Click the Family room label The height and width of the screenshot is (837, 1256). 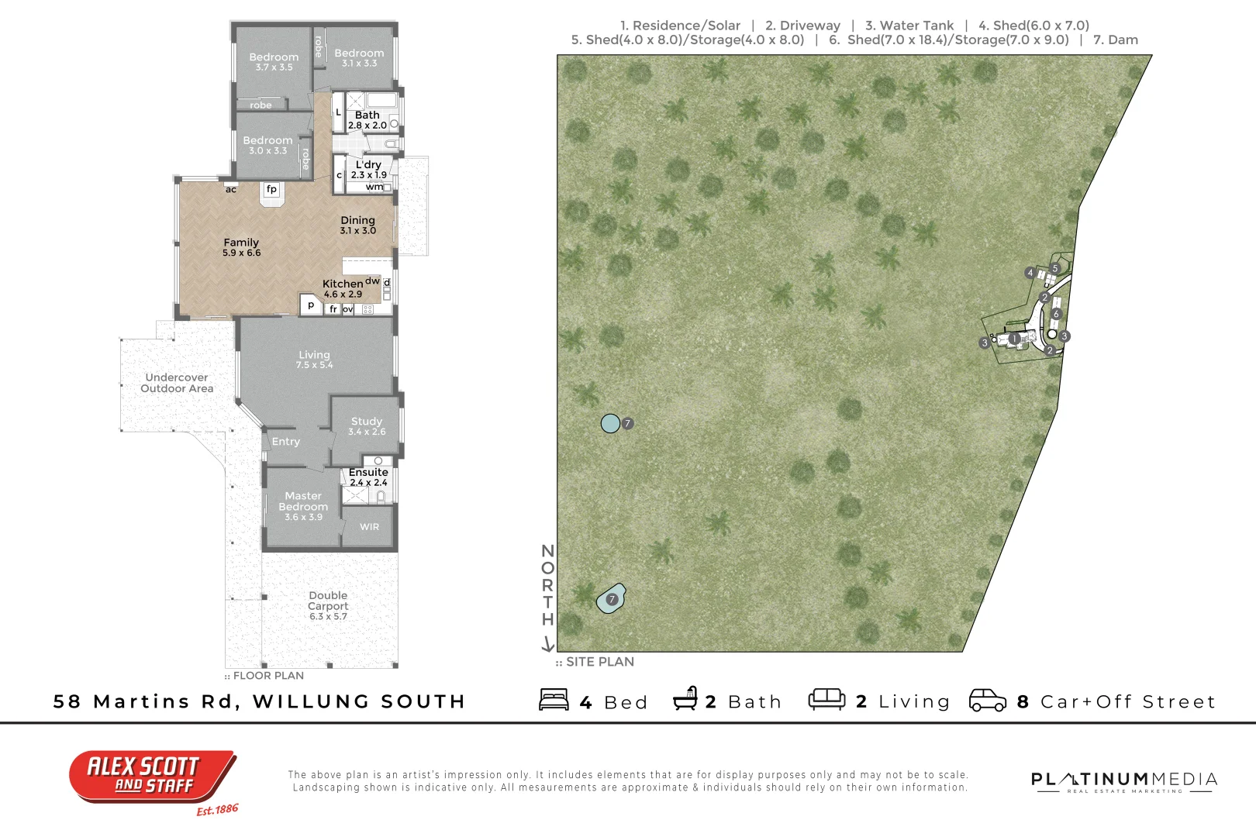241,247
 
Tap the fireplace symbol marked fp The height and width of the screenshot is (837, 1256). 271,189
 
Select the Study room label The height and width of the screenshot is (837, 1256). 367,425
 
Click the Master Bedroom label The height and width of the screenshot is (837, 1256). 303,506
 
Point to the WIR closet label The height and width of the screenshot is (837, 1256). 369,527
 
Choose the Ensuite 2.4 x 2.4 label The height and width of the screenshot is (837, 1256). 368,477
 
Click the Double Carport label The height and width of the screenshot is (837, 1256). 328,605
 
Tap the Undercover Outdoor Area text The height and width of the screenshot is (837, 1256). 177,383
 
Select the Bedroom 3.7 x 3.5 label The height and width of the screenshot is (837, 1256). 274,61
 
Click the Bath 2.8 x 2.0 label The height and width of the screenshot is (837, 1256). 367,119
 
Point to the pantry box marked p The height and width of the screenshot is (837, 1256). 311,305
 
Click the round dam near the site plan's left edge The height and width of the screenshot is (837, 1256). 610,423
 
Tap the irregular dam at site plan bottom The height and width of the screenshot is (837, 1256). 610,599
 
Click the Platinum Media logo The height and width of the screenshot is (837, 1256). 1123,780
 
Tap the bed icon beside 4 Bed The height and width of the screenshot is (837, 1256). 554,700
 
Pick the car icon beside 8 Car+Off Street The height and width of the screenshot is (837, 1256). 987,700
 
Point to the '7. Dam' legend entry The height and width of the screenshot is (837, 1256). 1115,40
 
